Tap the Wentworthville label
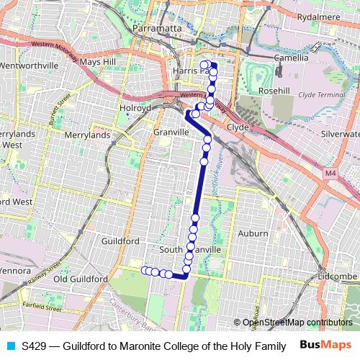pyautogui.click(x=31, y=66)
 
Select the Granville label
pyautogui.click(x=171, y=132)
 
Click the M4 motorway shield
pyautogui.click(x=330, y=174)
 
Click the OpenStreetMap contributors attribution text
pyautogui.click(x=297, y=323)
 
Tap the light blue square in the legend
pyautogui.click(x=10, y=345)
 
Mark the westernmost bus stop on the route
pyautogui.click(x=145, y=270)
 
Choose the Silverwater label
pyautogui.click(x=342, y=134)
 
